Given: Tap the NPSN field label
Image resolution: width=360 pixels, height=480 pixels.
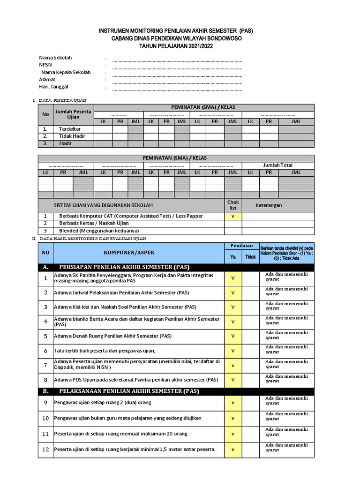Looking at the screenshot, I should (46, 65).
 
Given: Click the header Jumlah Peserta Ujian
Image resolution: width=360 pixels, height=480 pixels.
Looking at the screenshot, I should (74, 114).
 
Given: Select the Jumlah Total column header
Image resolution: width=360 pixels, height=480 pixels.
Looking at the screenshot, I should (278, 165).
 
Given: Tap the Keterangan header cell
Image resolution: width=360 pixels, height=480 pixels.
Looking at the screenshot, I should (269, 205).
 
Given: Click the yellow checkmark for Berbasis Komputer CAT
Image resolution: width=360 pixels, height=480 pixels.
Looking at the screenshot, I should (233, 216).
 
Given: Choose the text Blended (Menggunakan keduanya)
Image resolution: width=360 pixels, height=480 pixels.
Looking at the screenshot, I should (99, 231).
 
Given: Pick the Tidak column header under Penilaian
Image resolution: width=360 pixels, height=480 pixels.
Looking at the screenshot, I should (251, 257).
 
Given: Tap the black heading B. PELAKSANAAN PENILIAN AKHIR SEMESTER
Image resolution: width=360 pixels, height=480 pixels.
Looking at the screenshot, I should (128, 391).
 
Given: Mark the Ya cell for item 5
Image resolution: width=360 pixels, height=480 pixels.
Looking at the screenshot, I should (233, 336).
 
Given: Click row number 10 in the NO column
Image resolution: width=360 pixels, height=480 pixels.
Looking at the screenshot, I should (45, 418).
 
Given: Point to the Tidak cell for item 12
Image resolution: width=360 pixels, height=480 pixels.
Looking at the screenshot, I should (251, 449).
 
